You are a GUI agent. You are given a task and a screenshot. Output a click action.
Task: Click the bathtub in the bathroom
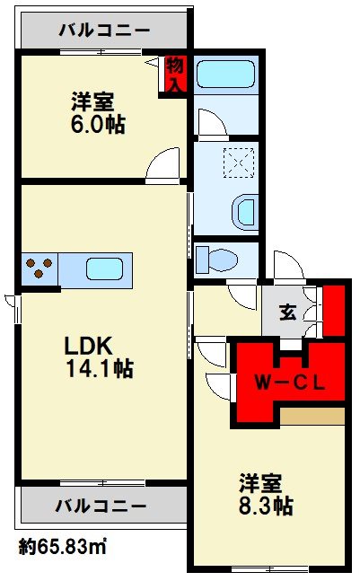(225, 75)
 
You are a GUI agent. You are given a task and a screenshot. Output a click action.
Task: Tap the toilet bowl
(216, 260)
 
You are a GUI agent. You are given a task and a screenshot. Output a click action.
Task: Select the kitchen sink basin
(104, 269)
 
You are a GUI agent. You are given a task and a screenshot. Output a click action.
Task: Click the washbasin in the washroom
(245, 213)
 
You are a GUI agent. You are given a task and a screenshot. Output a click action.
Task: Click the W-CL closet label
(290, 382)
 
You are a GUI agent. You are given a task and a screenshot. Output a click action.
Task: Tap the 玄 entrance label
(288, 312)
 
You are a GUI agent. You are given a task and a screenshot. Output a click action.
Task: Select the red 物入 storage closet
(174, 75)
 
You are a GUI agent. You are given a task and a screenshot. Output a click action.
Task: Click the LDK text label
(89, 346)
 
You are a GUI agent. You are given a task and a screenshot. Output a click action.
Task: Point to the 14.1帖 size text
(100, 368)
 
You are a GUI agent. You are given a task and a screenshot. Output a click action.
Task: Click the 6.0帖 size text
(98, 124)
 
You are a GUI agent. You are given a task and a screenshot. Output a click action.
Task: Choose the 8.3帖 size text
(266, 506)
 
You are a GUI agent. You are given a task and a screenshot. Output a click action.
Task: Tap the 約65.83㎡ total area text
(63, 547)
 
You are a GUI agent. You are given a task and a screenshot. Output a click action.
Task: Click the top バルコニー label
(104, 30)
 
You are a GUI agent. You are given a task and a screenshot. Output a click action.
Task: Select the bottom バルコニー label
(101, 505)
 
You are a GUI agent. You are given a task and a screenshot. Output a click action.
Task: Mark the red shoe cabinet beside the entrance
(335, 311)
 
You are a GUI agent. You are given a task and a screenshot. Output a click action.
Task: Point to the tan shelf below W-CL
(312, 417)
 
